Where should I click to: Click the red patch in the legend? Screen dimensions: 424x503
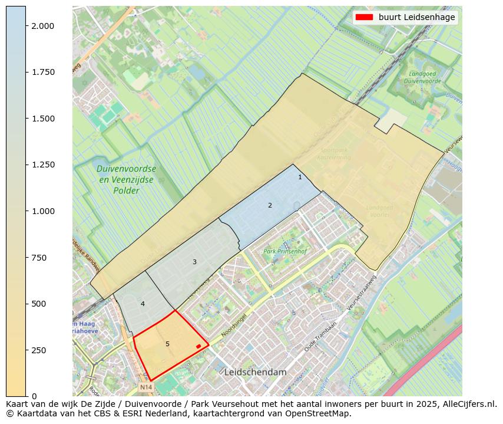point(365,18)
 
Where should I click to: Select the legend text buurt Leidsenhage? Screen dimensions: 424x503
point(416,18)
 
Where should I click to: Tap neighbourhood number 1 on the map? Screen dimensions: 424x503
point(300,177)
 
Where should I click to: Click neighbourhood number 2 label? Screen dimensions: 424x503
point(270,205)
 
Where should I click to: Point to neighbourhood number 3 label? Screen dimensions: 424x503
point(194,262)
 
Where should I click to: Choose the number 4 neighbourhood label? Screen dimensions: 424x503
point(143,304)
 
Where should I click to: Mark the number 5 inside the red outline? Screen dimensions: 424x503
point(167,344)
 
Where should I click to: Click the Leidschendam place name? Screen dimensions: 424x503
point(255,373)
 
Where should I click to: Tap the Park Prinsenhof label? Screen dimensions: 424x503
point(286,252)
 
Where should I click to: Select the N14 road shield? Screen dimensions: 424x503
point(146,387)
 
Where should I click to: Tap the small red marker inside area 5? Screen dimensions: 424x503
point(198,346)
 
